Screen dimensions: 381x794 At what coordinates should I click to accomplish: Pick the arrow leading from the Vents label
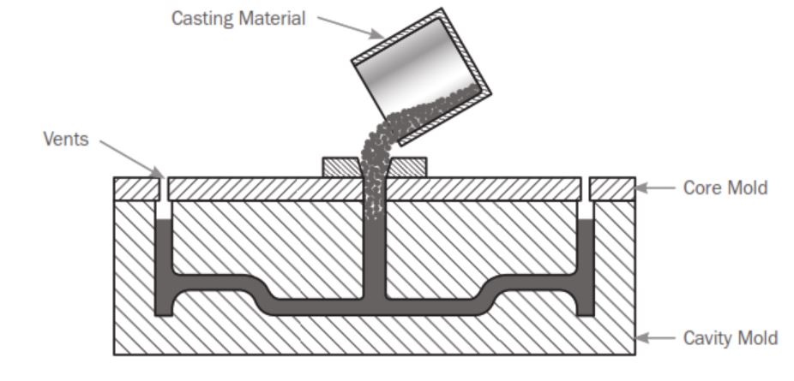129,157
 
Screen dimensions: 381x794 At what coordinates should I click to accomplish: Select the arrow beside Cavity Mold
656,336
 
